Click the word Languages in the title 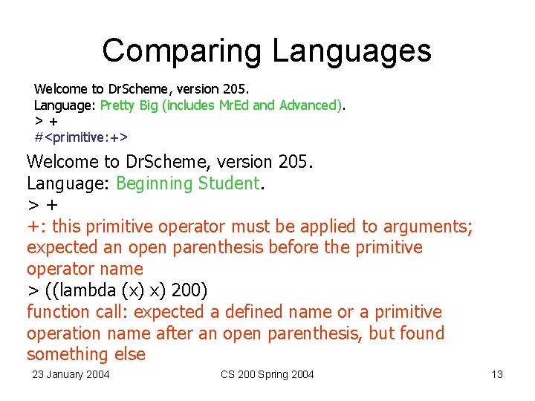(x=351, y=50)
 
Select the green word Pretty (x=117, y=105)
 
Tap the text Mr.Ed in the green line (x=235, y=105)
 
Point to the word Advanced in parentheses (x=308, y=105)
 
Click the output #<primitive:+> (x=81, y=137)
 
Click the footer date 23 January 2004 (x=71, y=374)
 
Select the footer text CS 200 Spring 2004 (x=267, y=374)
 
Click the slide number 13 (x=497, y=374)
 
